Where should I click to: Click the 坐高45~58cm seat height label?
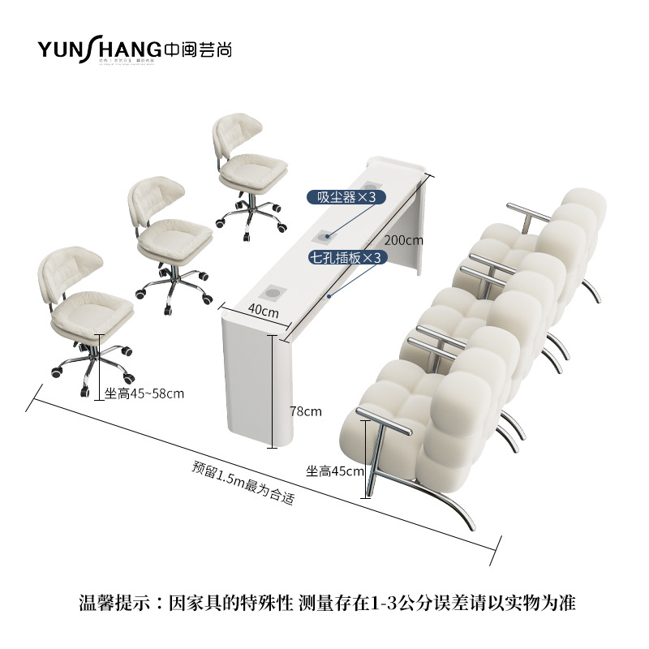(144, 393)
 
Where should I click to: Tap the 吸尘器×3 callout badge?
(346, 197)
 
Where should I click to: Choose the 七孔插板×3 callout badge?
(346, 257)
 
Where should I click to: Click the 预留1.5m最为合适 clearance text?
(243, 484)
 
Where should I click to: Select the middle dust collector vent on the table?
(325, 236)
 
